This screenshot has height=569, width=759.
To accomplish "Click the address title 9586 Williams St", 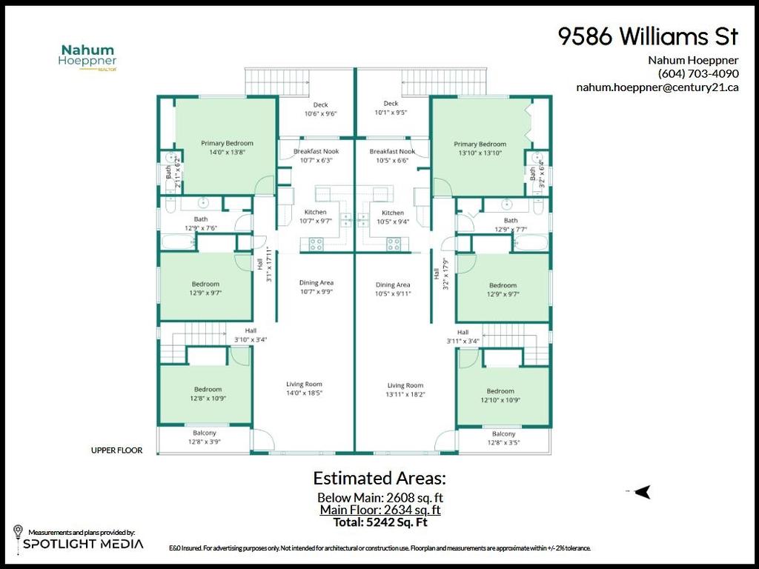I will click(x=648, y=37).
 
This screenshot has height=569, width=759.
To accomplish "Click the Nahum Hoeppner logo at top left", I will click(x=87, y=57).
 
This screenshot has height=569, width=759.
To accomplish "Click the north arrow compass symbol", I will click(x=642, y=491).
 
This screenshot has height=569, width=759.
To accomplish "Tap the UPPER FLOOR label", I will click(x=116, y=450).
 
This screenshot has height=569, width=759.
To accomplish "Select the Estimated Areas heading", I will click(x=379, y=477).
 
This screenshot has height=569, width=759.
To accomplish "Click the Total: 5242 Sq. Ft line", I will click(x=379, y=522).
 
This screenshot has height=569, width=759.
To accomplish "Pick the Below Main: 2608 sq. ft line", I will click(x=379, y=497).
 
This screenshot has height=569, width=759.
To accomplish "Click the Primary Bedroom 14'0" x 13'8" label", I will click(x=227, y=147).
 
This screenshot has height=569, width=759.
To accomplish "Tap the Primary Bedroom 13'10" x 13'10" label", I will click(x=480, y=148).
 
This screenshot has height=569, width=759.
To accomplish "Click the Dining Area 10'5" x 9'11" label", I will click(x=392, y=289).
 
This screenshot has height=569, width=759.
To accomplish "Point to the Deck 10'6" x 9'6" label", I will click(x=320, y=109).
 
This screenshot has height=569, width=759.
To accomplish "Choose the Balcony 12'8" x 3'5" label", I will click(x=503, y=438).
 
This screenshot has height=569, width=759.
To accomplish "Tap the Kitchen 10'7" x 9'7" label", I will click(x=316, y=216).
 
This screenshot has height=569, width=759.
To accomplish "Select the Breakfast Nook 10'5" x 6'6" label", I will click(x=392, y=155).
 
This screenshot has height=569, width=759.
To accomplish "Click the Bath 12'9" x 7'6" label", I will click(x=201, y=223).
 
